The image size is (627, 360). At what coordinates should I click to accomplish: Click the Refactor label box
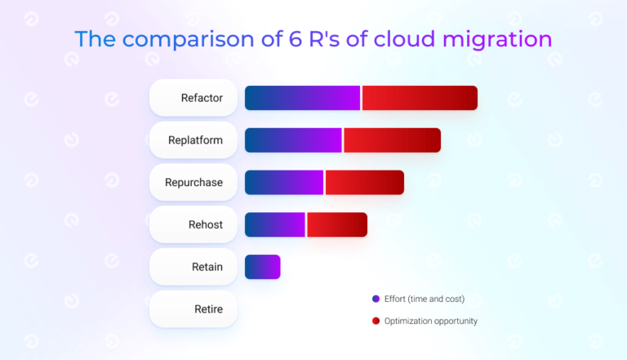[193, 98]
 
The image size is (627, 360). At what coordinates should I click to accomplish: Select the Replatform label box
[193, 140]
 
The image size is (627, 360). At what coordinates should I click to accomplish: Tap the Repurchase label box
[193, 183]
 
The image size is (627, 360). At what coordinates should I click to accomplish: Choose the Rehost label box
[193, 225]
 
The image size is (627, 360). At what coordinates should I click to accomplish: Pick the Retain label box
[193, 267]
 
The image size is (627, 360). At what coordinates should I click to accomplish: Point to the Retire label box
[193, 309]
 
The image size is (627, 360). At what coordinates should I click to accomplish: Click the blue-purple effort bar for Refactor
[302, 98]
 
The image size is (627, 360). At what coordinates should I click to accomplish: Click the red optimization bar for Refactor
[420, 98]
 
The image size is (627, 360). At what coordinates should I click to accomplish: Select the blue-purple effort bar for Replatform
[293, 140]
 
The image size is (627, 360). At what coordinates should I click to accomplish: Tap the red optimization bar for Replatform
[392, 140]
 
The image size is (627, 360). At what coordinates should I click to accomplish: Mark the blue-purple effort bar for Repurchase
[284, 183]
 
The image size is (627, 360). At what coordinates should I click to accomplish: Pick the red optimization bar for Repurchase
[365, 183]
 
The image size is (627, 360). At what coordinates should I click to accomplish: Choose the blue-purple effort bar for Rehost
[275, 225]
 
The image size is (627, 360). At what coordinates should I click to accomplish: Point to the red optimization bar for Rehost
[337, 225]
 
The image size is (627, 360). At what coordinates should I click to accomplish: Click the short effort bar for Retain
[262, 267]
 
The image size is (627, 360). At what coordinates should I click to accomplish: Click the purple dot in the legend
[376, 299]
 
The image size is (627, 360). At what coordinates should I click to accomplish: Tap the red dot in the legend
[376, 321]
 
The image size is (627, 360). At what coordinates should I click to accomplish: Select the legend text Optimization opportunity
[430, 321]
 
